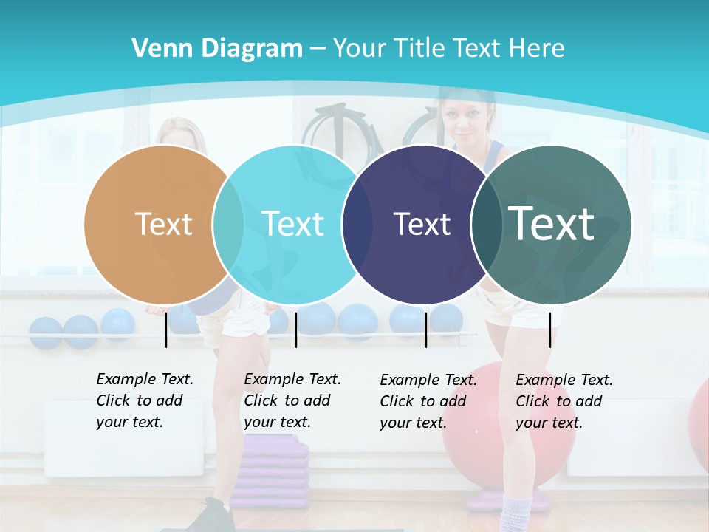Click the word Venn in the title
[x=156, y=49]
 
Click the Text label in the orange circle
[x=163, y=224]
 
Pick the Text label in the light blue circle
[x=292, y=224]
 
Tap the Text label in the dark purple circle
[x=422, y=225]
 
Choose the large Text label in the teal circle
[x=551, y=223]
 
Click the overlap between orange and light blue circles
[x=228, y=224]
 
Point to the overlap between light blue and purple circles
[x=357, y=224]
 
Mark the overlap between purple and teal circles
[x=486, y=224]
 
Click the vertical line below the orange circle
[x=165, y=330]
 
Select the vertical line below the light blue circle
[x=295, y=330]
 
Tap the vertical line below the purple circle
[x=425, y=330]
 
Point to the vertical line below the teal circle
[x=549, y=330]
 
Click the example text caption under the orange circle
[x=145, y=400]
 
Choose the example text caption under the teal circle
[x=564, y=401]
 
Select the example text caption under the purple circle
[x=428, y=401]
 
